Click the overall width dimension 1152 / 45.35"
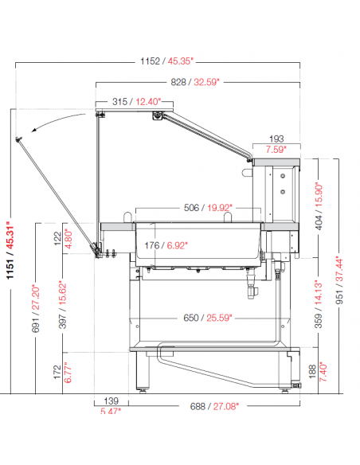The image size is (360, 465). click(166, 61)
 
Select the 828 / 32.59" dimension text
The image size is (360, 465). click(195, 82)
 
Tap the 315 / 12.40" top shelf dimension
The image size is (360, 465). click(136, 102)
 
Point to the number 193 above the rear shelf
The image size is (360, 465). click(276, 139)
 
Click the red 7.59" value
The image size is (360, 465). click(276, 149)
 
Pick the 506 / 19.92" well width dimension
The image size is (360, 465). click(208, 208)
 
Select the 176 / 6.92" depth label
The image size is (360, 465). click(166, 245)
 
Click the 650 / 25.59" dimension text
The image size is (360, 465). click(208, 318)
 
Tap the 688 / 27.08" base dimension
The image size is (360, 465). click(214, 406)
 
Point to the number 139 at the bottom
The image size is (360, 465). click(112, 401)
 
